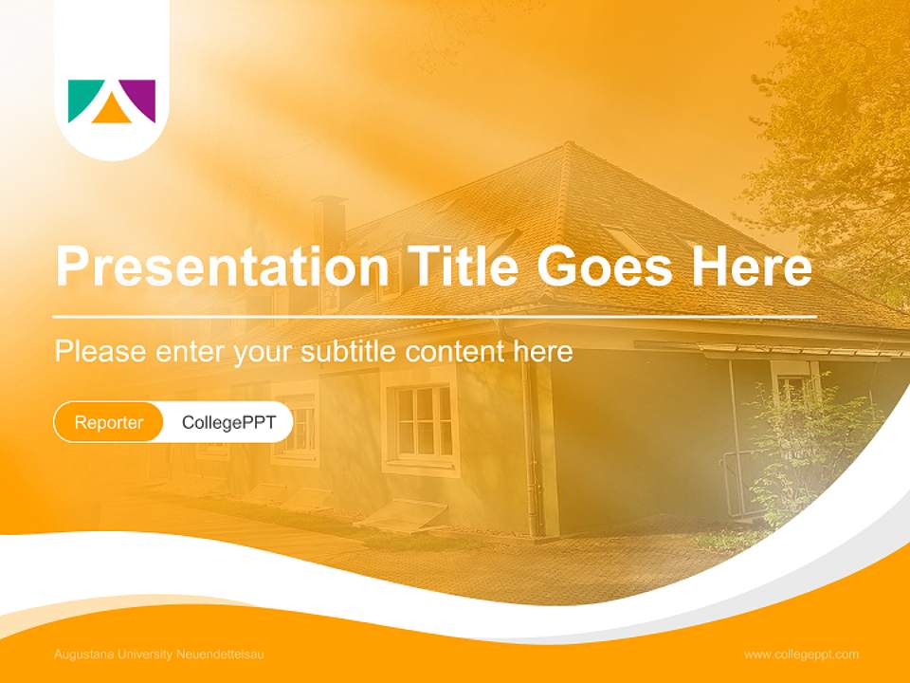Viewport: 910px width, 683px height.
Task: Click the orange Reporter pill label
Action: [109, 422]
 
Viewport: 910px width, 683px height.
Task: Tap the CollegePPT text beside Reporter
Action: [228, 422]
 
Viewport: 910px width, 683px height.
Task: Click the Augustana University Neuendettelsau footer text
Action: [159, 655]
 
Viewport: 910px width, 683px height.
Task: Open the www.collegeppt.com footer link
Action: [801, 655]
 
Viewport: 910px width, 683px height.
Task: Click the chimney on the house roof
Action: [330, 223]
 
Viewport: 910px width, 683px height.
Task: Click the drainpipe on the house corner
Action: [531, 446]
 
